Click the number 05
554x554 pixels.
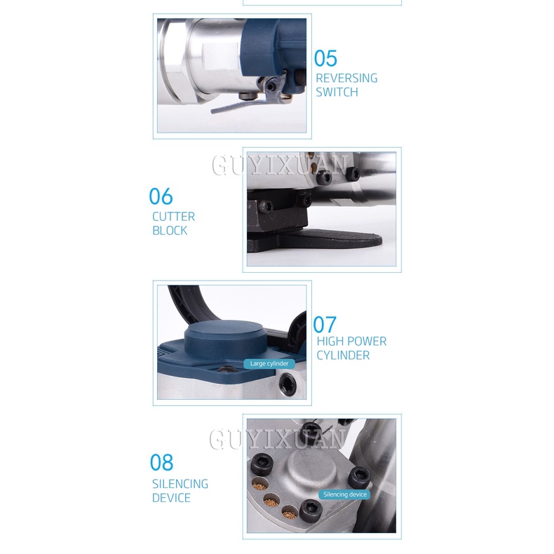click(325, 59)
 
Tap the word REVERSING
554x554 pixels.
click(346, 78)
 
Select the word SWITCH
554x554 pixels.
click(337, 92)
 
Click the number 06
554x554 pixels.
click(161, 196)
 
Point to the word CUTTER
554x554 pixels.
click(173, 217)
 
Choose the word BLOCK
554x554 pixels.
click(170, 231)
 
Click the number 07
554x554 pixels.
click(325, 325)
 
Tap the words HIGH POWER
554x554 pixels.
click(351, 342)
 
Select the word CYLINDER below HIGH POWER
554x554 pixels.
click(343, 356)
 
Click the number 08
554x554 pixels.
click(161, 463)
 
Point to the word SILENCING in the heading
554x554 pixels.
click(180, 484)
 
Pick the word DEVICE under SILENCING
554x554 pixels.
click(171, 498)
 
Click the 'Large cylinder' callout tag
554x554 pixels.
click(269, 363)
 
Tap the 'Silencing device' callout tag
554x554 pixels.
click(345, 494)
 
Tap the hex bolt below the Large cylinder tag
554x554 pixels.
click(286, 383)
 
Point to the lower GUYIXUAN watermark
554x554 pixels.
click(278, 439)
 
